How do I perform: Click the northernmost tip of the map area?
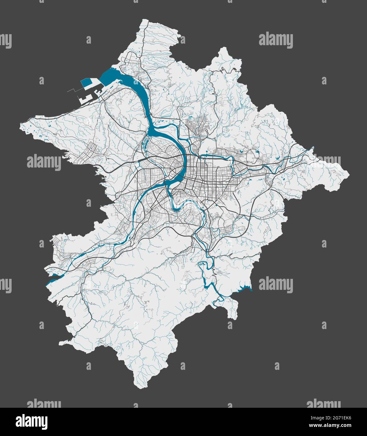[x=145, y=19]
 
